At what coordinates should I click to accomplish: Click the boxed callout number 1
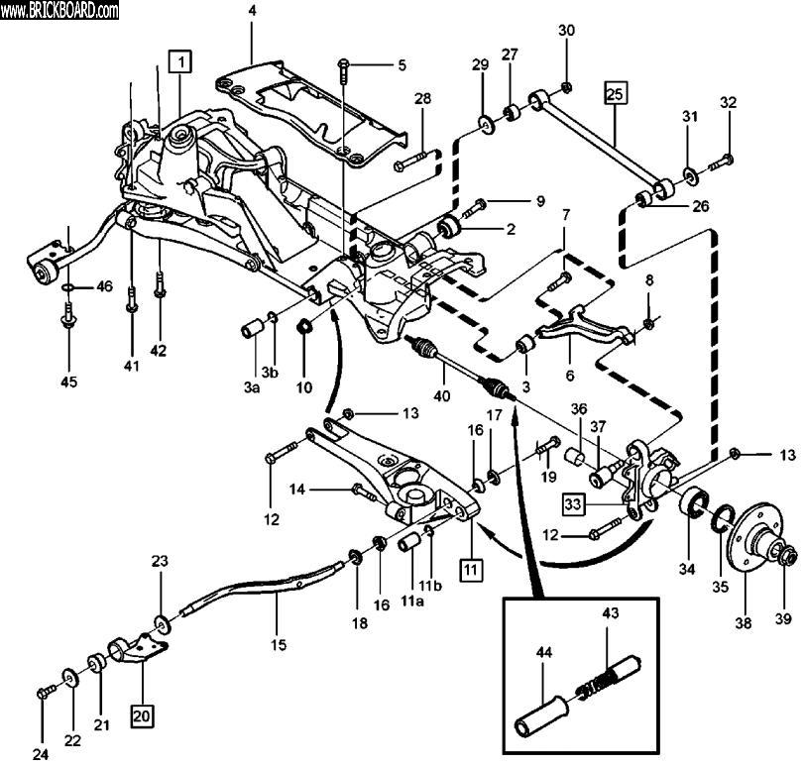(179, 62)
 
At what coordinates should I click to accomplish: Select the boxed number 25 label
(616, 95)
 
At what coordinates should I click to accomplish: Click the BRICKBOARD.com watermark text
(59, 11)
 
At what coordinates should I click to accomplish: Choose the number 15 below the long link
(279, 645)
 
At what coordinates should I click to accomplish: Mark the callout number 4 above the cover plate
(252, 11)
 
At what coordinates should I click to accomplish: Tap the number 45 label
(67, 381)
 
